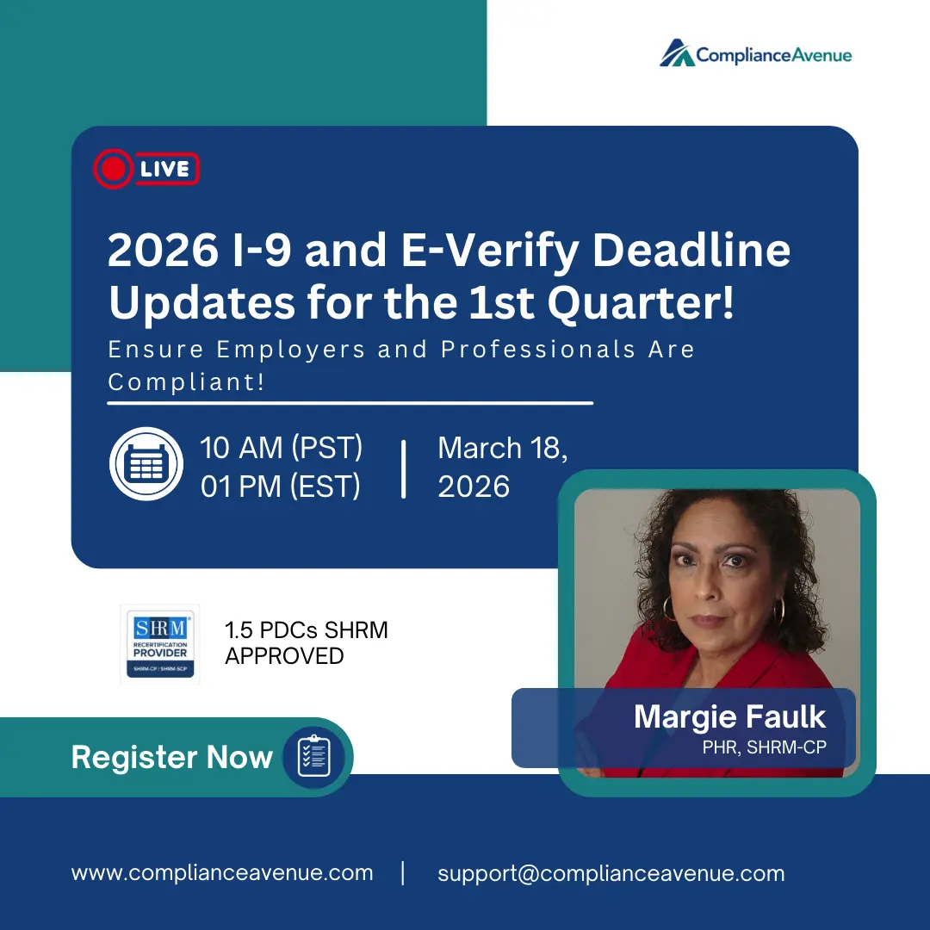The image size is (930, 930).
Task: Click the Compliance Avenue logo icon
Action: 677,53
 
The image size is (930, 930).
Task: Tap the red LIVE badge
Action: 146,170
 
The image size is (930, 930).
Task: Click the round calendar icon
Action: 146,464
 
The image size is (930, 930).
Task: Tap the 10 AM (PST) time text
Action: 281,448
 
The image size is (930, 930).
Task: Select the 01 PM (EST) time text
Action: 281,487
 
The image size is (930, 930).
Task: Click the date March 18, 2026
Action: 501,468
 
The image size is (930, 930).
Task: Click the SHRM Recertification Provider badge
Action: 160,644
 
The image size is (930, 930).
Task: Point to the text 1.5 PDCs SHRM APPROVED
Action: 306,642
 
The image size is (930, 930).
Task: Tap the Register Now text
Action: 171,757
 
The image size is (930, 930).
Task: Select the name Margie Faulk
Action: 729,716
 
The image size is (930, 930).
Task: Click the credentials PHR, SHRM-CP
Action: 764,747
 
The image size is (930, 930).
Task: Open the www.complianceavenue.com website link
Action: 222,872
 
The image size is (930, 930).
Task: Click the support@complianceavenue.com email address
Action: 611,873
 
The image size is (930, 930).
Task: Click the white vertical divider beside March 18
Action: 403,468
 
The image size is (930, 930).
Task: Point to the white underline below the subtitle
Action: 350,402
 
